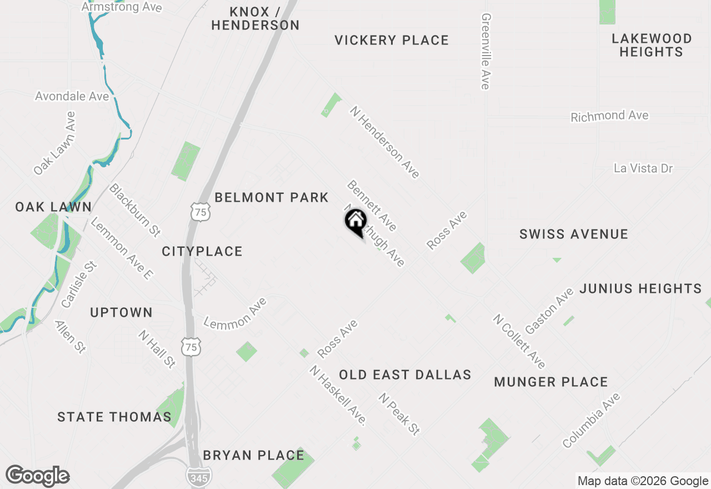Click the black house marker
[x=355, y=221]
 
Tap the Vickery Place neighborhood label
[x=392, y=40]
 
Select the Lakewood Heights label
[x=651, y=45]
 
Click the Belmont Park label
[x=272, y=197]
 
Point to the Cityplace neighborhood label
[x=202, y=251]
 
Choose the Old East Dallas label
[x=405, y=375]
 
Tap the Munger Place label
[x=551, y=382]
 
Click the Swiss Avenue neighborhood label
[x=574, y=234]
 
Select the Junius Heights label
[x=640, y=288]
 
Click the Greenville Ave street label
[x=485, y=51]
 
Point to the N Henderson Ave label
[x=384, y=142]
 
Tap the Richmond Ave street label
[x=609, y=116]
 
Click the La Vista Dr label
[x=643, y=168]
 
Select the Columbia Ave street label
[x=591, y=420]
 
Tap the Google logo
[x=38, y=476]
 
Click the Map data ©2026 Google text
[x=643, y=481]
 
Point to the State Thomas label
[x=114, y=417]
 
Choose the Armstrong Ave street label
[x=122, y=7]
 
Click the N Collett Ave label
[x=519, y=341]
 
